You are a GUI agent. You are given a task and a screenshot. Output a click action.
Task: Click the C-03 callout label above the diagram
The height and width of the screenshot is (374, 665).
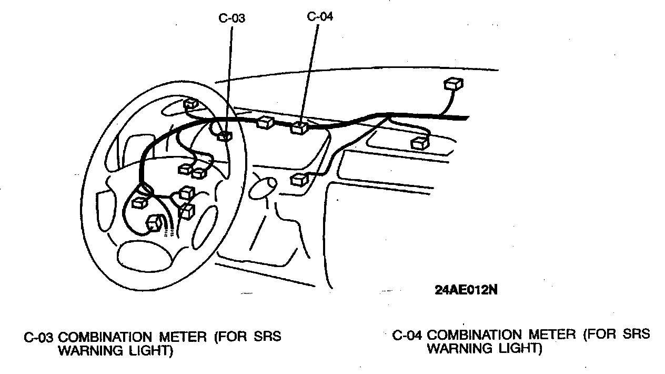231,18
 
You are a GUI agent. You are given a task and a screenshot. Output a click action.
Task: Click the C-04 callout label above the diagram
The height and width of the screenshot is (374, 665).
320,16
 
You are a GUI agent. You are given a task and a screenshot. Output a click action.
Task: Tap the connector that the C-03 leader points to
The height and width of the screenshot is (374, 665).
225,136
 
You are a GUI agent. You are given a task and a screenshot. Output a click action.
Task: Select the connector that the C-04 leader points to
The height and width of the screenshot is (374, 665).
299,127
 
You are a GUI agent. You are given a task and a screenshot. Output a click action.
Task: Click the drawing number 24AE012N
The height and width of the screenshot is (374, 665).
466,290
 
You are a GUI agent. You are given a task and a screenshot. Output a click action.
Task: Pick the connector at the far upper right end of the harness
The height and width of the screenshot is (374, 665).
454,84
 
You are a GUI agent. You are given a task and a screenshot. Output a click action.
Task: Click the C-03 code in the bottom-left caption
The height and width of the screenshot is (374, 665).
39,338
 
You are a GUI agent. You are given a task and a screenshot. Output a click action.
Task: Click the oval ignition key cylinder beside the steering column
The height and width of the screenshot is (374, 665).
263,188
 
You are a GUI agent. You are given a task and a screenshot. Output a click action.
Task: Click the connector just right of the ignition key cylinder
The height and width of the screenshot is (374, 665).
299,179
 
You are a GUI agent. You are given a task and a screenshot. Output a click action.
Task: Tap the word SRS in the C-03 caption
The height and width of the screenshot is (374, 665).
266,337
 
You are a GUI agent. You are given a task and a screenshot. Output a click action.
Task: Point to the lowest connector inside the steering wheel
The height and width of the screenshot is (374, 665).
155,223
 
